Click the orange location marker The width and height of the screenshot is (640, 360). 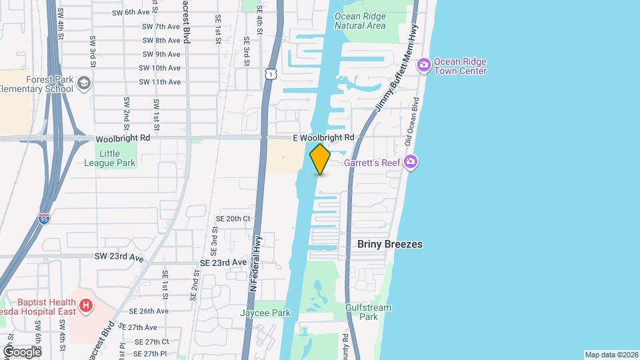[x=320, y=159]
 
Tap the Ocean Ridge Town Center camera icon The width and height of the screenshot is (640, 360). [x=423, y=65]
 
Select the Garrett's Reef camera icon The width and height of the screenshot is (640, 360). [x=411, y=162]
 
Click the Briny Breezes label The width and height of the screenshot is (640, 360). [x=390, y=245]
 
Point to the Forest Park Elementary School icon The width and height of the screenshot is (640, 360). [x=84, y=83]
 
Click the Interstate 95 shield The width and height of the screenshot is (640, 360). [x=44, y=218]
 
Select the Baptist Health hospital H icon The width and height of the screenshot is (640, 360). [x=85, y=306]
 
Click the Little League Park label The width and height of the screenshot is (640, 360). [x=117, y=158]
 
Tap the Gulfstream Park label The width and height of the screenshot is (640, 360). [x=368, y=312]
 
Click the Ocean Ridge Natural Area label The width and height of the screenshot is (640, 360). [x=360, y=21]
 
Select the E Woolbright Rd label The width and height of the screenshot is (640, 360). [x=323, y=137]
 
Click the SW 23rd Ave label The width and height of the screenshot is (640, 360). [x=119, y=257]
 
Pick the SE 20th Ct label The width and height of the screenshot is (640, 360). [x=233, y=219]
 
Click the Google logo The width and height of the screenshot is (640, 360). [x=22, y=351]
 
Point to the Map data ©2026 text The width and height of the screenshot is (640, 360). [x=611, y=355]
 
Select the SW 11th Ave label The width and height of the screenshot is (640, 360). [x=159, y=82]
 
